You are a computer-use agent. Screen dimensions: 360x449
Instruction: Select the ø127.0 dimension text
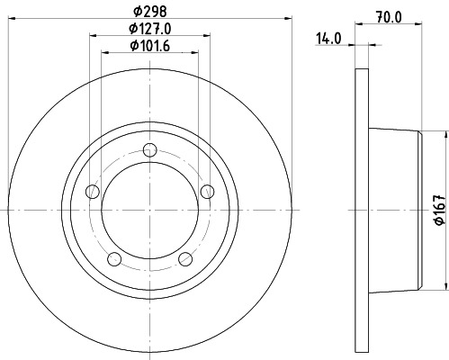tap(150, 31)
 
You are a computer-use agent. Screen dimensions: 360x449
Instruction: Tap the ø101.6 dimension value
tap(150, 47)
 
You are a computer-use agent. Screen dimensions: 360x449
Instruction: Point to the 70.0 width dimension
tap(388, 15)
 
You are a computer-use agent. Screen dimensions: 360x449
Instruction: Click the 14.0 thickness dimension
tap(330, 39)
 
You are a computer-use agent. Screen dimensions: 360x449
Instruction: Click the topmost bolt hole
tap(150, 152)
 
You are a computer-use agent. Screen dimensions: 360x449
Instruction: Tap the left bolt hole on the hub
tap(92, 192)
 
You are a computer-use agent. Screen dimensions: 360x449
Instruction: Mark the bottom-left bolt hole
tap(114, 259)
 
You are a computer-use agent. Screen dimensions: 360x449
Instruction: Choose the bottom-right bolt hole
tap(186, 259)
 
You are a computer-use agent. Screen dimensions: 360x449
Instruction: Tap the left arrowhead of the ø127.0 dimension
tap(94, 36)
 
